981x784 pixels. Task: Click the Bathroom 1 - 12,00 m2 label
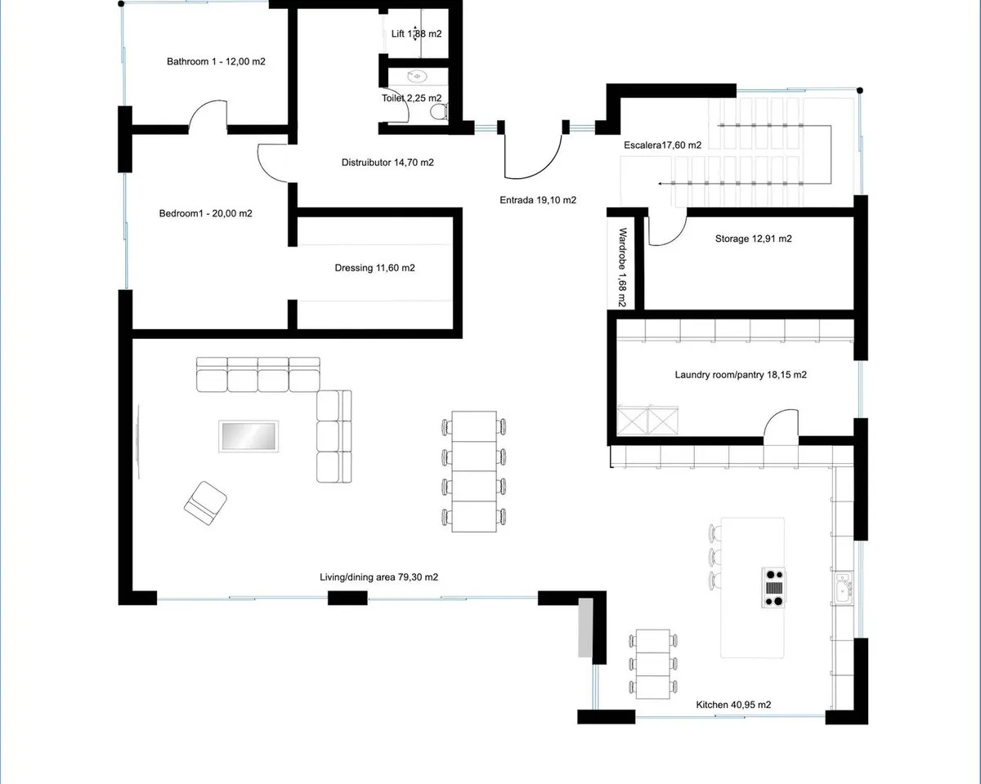click(216, 61)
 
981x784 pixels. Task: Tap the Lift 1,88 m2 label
click(416, 33)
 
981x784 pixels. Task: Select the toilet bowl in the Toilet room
click(440, 112)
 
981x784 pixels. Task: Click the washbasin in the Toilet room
click(417, 77)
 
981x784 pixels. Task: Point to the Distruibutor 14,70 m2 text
click(387, 163)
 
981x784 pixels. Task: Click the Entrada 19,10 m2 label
click(538, 200)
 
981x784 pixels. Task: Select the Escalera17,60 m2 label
click(662, 145)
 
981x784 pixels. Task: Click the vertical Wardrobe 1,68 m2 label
click(622, 267)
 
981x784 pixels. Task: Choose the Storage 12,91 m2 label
click(753, 238)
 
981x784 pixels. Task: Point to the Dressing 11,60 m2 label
click(374, 268)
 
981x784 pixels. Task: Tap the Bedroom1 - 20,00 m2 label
click(205, 213)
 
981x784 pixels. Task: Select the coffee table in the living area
click(249, 436)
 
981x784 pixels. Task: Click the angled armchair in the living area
click(205, 503)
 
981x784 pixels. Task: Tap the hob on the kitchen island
click(773, 588)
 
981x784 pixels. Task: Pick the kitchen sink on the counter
click(843, 589)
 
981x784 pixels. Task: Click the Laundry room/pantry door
click(782, 426)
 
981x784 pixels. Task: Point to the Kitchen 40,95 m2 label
click(733, 705)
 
